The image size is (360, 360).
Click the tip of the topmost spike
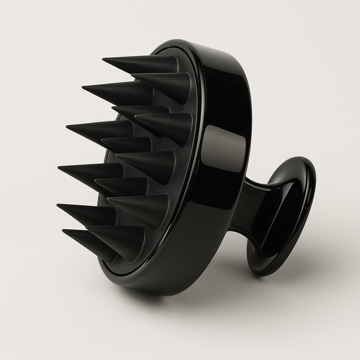(x=103, y=59)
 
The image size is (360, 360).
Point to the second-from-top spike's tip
(x=132, y=75)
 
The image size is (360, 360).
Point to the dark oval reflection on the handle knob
(x=281, y=218)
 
